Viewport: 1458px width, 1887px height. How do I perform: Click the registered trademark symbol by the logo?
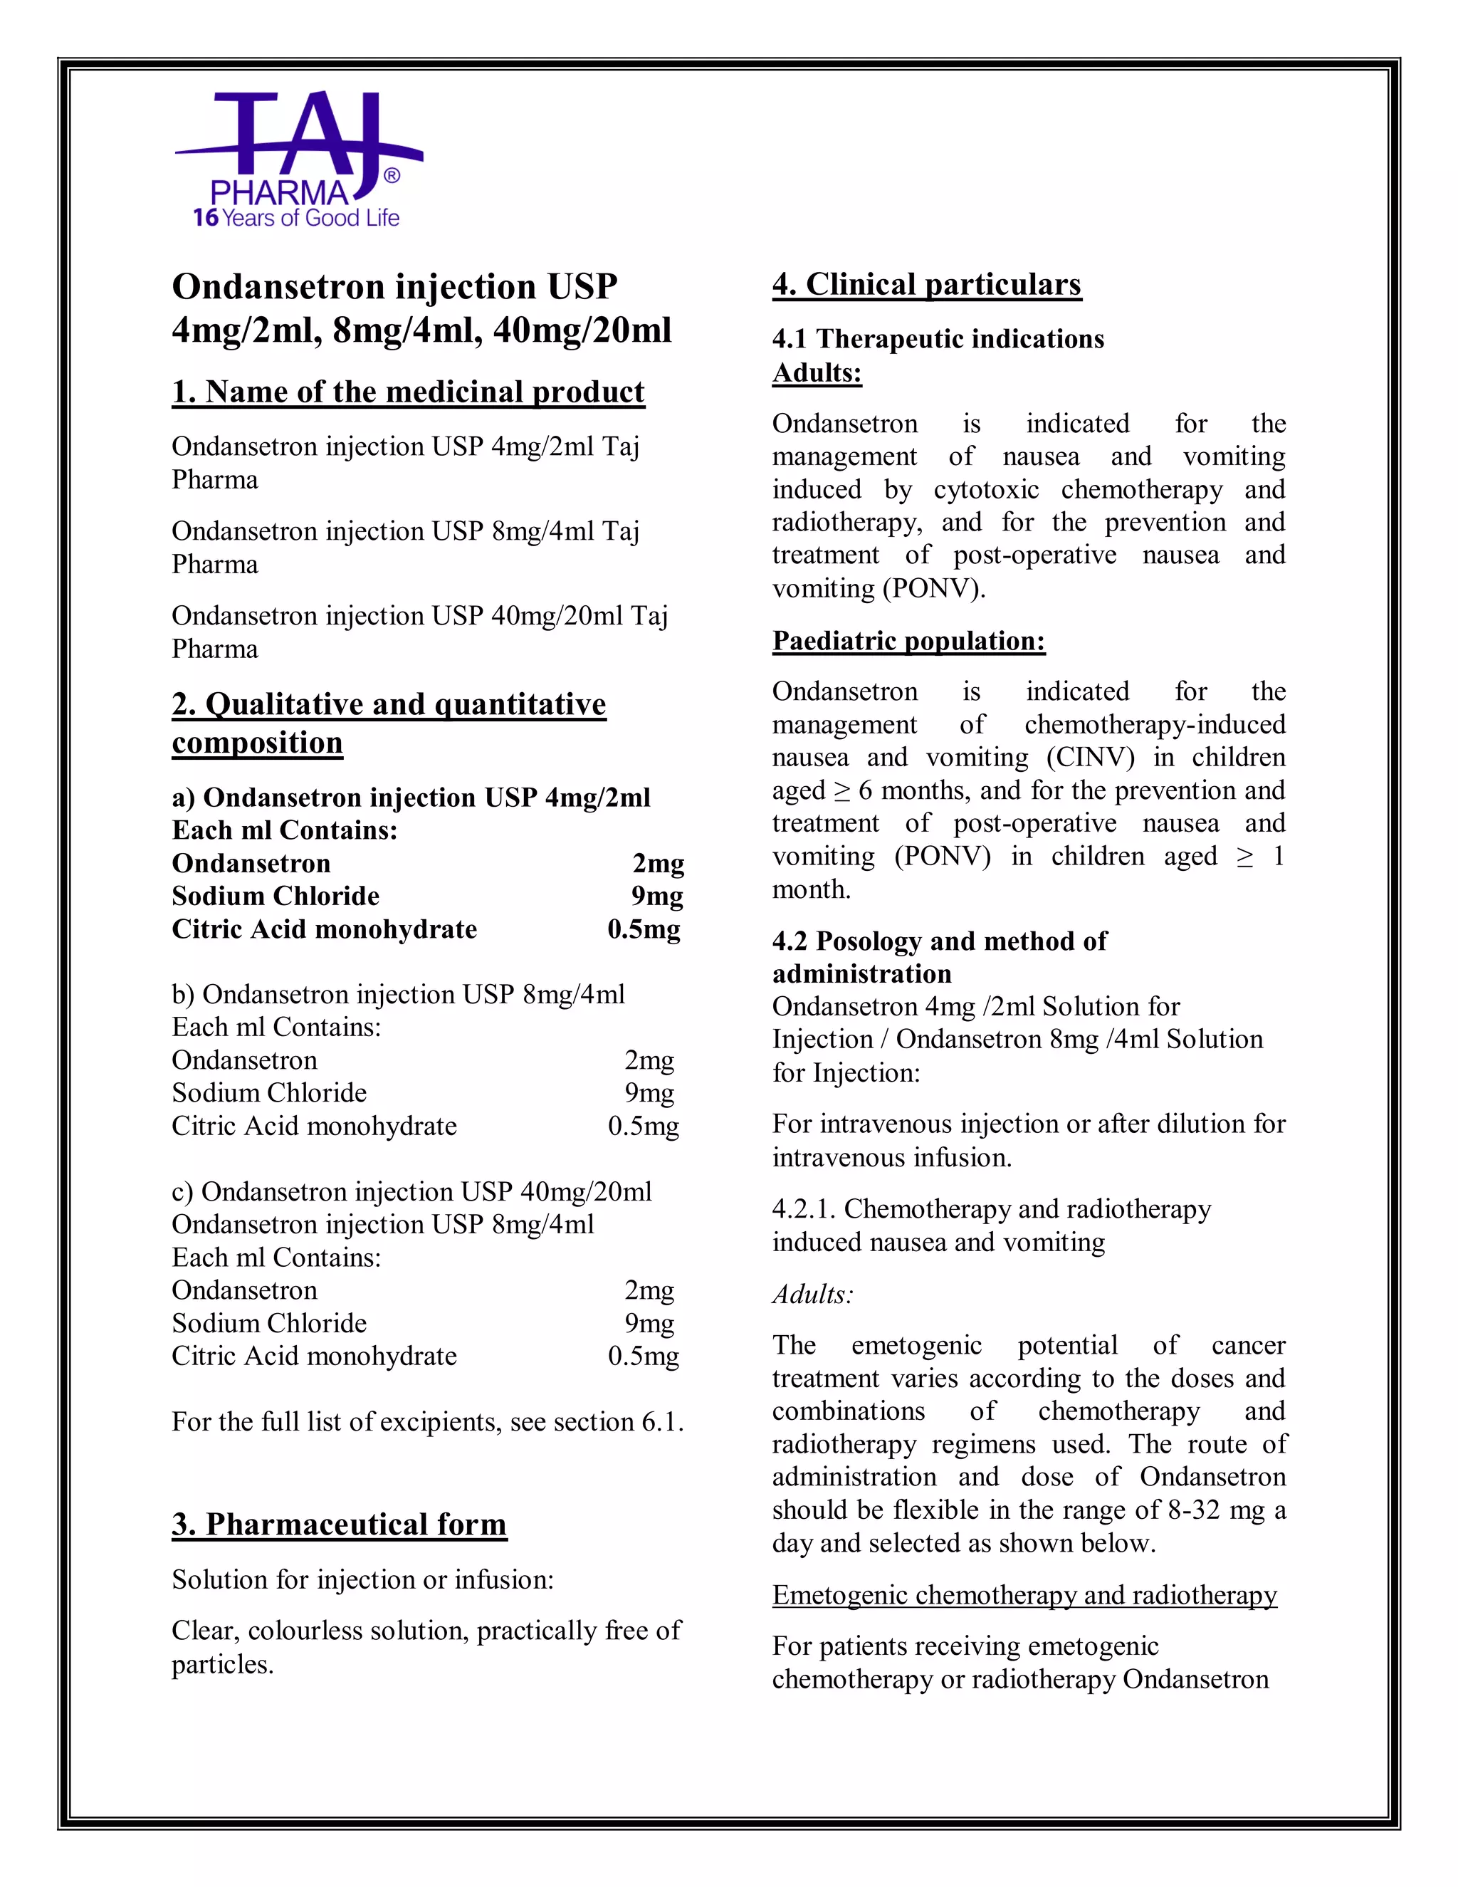pyautogui.click(x=392, y=177)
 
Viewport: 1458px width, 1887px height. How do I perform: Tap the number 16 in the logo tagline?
pyautogui.click(x=206, y=219)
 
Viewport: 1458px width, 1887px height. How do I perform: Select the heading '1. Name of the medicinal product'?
pyautogui.click(x=408, y=392)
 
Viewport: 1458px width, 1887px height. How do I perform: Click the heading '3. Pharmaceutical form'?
pyautogui.click(x=339, y=1524)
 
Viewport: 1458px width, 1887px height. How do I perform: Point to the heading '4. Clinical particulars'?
pyautogui.click(x=926, y=284)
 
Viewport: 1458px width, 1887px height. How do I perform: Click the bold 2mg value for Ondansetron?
pyautogui.click(x=659, y=863)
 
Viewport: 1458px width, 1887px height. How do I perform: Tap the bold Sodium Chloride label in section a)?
pyautogui.click(x=276, y=896)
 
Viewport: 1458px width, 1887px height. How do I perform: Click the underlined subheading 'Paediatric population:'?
pyautogui.click(x=908, y=640)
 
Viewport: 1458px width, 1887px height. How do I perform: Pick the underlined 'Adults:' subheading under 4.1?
pyautogui.click(x=817, y=372)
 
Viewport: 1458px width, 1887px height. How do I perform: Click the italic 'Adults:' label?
pyautogui.click(x=812, y=1295)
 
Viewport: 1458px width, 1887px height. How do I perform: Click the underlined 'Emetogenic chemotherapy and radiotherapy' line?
pyautogui.click(x=1024, y=1595)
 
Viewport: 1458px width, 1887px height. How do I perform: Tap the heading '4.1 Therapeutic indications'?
pyautogui.click(x=938, y=339)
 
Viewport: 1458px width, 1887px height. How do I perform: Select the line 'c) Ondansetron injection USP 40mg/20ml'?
pyautogui.click(x=411, y=1191)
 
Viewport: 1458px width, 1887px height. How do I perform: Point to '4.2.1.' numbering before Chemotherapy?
pyautogui.click(x=803, y=1209)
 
